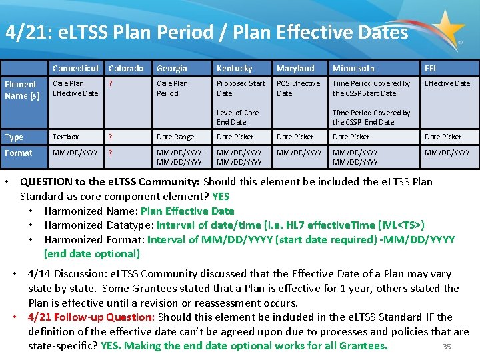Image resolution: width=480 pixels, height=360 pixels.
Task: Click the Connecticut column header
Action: [75, 68]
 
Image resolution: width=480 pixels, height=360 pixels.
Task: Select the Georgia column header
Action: [172, 68]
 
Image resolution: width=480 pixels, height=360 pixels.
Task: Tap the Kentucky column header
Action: [235, 68]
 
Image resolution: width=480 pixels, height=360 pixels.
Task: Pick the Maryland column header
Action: [295, 68]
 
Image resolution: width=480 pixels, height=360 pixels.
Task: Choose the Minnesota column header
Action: [353, 68]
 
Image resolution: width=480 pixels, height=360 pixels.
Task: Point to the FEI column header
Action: [431, 68]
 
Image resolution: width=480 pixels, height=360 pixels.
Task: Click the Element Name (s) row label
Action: [22, 89]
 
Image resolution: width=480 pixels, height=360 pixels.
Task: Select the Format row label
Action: [18, 153]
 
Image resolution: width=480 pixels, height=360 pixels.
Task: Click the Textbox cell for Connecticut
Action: [66, 137]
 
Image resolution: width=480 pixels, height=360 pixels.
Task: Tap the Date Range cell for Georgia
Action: [175, 137]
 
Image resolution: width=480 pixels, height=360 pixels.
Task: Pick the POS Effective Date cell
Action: [298, 89]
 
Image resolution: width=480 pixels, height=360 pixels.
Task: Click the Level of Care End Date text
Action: [237, 117]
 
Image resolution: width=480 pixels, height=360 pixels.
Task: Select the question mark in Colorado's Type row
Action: [111, 137]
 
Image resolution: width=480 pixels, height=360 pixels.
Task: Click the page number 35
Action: [447, 347]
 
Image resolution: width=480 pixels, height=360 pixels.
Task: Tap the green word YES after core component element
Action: [221, 197]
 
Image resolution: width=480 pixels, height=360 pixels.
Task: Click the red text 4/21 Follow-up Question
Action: [91, 317]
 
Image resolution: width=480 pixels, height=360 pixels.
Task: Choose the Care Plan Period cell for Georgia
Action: [172, 89]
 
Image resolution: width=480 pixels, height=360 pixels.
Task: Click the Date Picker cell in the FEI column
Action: [443, 137]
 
